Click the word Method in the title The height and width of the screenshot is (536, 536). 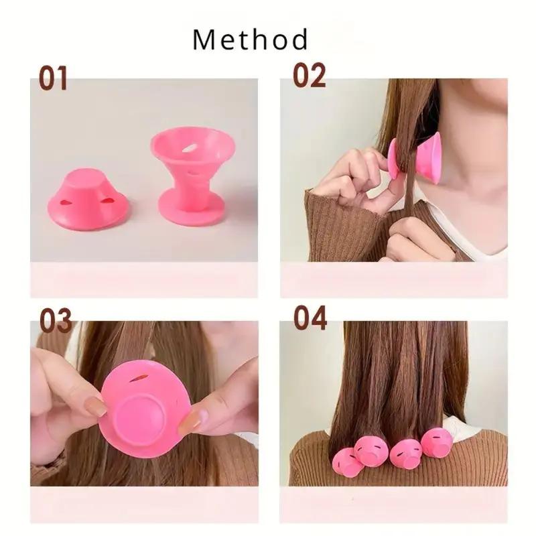pyautogui.click(x=251, y=40)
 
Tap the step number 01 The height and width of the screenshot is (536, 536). pyautogui.click(x=53, y=78)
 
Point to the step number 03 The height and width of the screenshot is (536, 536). pyautogui.click(x=56, y=320)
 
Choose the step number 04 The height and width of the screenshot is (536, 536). pyautogui.click(x=310, y=318)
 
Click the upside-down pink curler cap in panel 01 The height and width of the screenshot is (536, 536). pyautogui.click(x=88, y=194)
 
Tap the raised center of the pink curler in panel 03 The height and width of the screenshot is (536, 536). pyautogui.click(x=139, y=410)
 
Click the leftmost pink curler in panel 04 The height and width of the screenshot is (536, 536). pyautogui.click(x=348, y=462)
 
